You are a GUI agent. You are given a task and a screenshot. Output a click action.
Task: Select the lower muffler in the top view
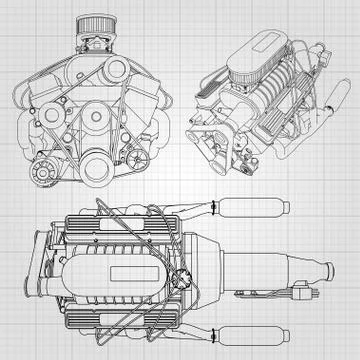(250, 325)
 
